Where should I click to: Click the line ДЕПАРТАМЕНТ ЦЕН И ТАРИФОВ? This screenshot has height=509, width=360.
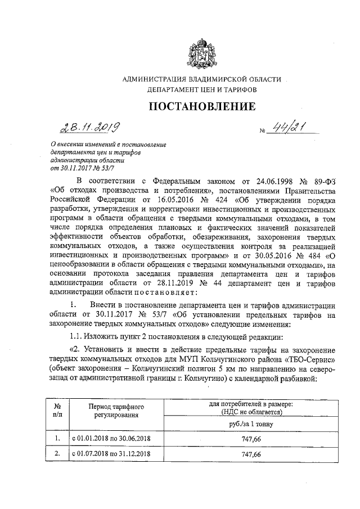point(201,89)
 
